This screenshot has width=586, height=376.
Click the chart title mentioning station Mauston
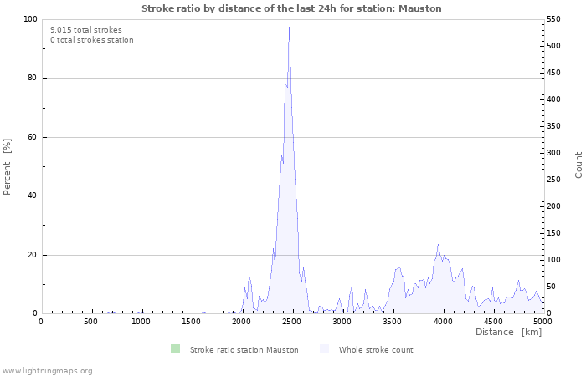(291, 8)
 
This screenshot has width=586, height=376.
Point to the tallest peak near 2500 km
(289, 28)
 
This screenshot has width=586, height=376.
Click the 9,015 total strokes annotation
(85, 30)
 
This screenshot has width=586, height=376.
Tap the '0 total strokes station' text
(91, 40)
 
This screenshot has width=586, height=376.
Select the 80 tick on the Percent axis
(31, 79)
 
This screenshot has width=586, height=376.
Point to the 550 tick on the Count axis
(555, 19)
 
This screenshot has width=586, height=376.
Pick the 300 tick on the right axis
(555, 153)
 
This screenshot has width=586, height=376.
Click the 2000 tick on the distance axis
(242, 322)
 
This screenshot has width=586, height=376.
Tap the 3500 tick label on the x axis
(392, 322)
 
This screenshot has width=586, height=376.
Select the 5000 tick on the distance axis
(542, 322)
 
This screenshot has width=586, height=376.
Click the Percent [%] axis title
(8, 166)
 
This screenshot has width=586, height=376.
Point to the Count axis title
(578, 165)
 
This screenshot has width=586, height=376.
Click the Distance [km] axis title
(508, 333)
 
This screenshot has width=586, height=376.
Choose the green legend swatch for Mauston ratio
(174, 349)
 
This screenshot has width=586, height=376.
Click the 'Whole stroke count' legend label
(376, 350)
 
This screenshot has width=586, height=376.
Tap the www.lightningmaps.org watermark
(47, 371)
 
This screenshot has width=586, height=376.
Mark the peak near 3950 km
(438, 245)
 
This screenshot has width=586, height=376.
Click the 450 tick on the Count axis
(555, 73)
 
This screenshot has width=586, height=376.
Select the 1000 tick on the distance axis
(141, 322)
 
